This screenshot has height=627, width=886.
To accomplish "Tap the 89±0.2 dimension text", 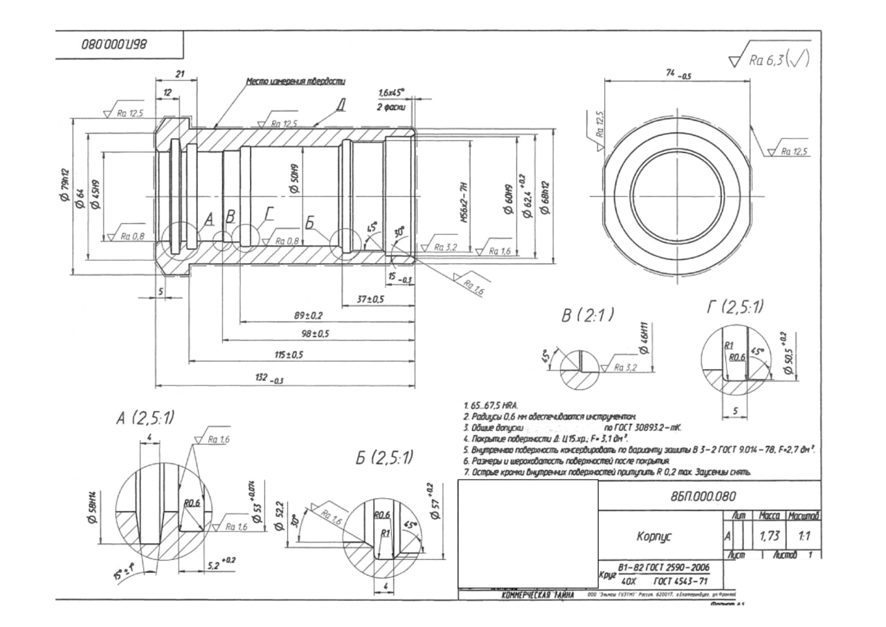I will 309,315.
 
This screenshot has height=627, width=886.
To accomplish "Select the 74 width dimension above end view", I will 676,75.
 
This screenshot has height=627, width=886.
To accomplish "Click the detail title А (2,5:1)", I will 146,418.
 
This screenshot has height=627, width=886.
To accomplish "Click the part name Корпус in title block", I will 655,536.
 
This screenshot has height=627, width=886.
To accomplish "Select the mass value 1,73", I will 766,536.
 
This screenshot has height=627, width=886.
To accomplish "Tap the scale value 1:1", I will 804,536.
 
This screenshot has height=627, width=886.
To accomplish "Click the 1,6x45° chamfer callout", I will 391,93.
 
